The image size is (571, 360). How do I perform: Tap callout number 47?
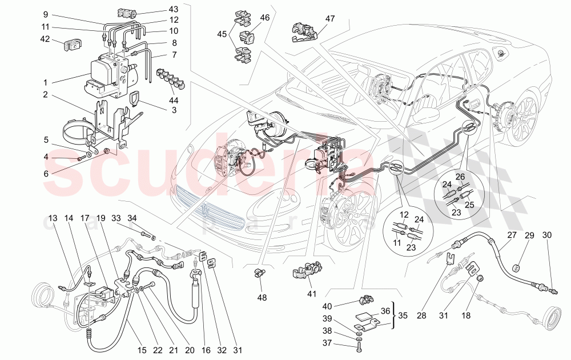coord(330,18)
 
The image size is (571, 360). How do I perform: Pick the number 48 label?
coord(262,297)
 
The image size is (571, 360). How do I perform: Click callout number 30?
coord(548,235)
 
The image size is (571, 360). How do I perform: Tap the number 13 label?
coord(53,218)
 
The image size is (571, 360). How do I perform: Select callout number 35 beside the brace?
coord(403,315)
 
